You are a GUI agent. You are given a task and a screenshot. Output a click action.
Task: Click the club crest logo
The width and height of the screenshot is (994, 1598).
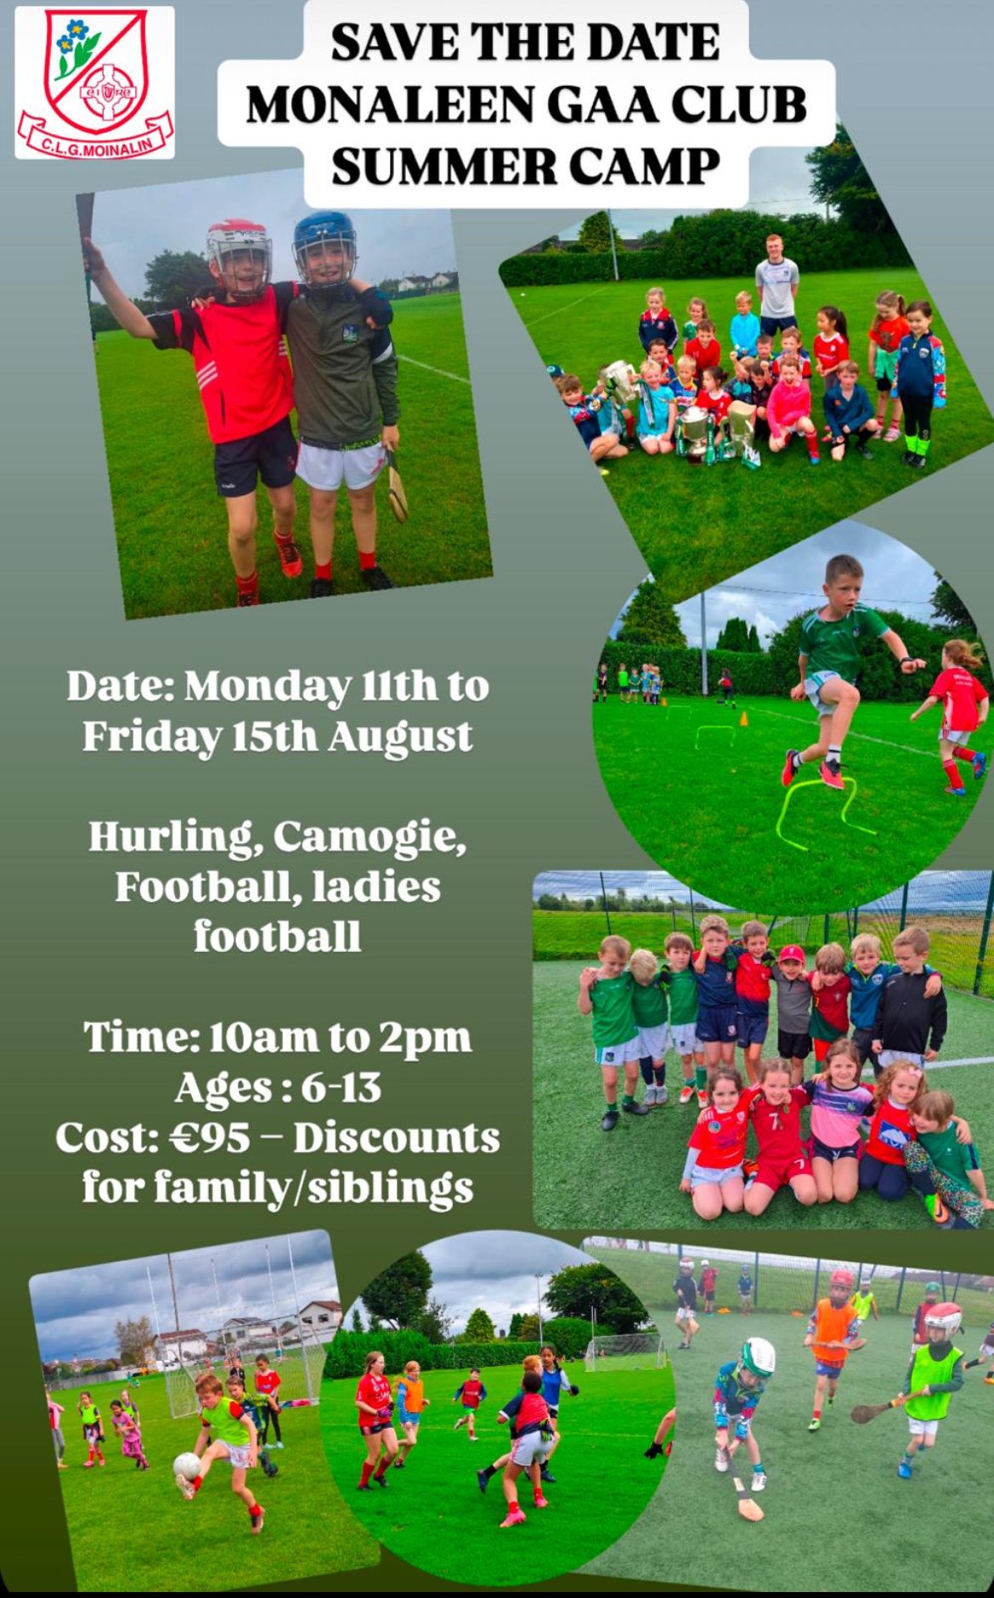[x=94, y=82]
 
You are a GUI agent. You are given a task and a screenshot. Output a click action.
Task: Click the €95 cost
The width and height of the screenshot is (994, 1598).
[x=210, y=1138]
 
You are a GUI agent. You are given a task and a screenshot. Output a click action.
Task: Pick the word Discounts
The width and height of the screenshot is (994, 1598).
[x=397, y=1138]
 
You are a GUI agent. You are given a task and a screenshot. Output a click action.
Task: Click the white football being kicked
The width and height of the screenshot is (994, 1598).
[x=187, y=1465]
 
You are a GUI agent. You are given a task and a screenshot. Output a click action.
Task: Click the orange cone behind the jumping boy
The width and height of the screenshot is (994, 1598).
[x=744, y=719]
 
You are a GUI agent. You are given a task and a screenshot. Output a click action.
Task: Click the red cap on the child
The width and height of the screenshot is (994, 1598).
[x=792, y=955]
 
